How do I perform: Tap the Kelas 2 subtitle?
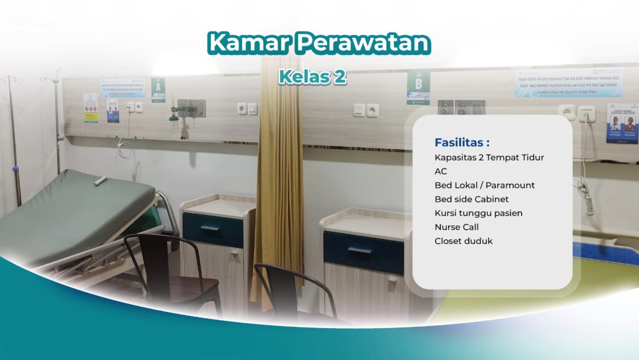pos(312,77)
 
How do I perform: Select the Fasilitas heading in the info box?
pos(462,142)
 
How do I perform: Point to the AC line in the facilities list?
pos(441,171)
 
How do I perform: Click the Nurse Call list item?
pos(457,227)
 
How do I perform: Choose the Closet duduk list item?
pos(464,241)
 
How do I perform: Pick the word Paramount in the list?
pos(510,185)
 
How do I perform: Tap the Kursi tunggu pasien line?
pos(479,213)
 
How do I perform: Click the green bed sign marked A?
pos(159,87)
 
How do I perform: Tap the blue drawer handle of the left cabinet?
pos(210,228)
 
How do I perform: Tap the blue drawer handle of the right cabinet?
pos(360,251)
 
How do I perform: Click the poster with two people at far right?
pos(622,124)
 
